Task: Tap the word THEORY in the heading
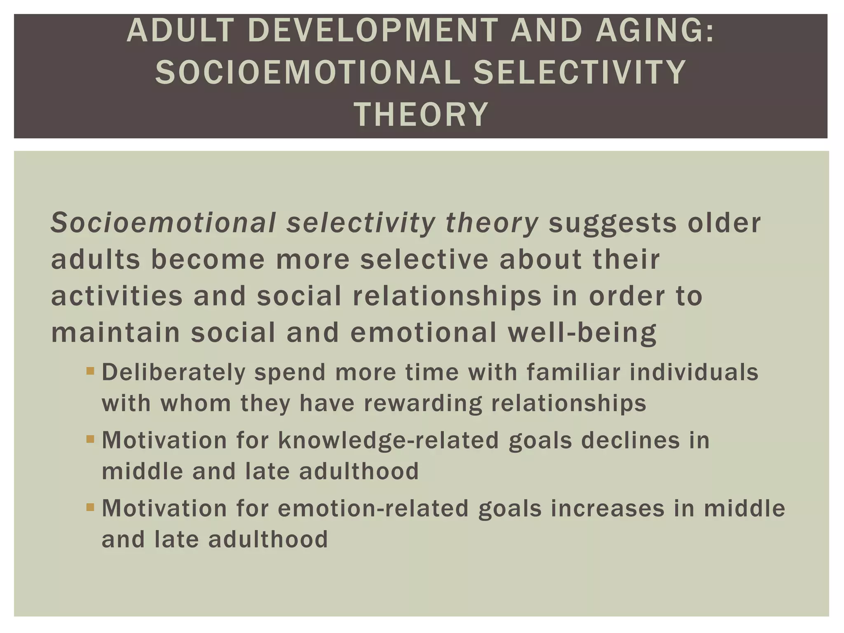point(421,114)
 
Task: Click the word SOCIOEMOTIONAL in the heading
point(307,72)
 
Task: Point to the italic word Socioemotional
point(163,223)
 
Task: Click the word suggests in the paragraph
point(612,223)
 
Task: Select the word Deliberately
point(173,372)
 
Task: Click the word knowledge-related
point(389,440)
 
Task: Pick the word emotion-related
point(373,508)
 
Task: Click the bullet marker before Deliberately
point(90,372)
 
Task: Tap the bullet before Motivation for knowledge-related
point(90,440)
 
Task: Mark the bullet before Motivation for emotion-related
point(90,507)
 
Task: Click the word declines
point(630,440)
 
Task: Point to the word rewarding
point(422,403)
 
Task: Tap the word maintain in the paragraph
point(115,333)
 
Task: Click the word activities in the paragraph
point(117,296)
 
